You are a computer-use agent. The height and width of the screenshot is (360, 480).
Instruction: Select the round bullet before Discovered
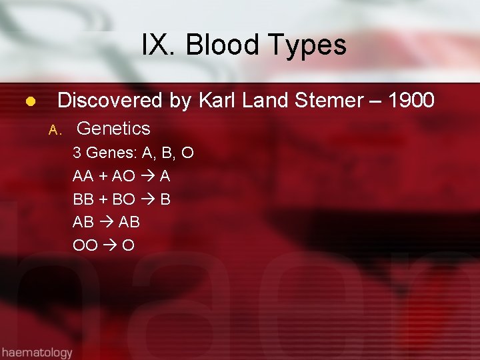coord(30,102)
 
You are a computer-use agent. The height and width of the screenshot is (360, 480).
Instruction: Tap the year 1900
coord(411,101)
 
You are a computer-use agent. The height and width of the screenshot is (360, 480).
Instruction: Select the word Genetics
coord(114,128)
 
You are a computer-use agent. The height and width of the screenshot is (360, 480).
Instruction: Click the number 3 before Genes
coord(77,153)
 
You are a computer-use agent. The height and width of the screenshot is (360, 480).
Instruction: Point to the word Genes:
coord(111,153)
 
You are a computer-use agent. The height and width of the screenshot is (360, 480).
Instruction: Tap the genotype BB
coord(83,199)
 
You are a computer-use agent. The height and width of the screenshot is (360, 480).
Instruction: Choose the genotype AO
coord(124,177)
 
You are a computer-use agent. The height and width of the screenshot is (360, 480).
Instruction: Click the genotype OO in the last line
coord(85,245)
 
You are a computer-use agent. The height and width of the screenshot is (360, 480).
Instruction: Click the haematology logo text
coord(37,351)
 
